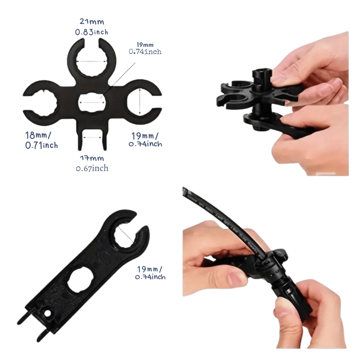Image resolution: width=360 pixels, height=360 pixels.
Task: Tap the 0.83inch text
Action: [x=91, y=32]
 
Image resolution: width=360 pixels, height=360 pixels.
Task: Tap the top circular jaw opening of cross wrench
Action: [x=91, y=62]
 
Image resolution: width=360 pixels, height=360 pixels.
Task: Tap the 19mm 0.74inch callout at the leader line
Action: [x=145, y=48]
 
